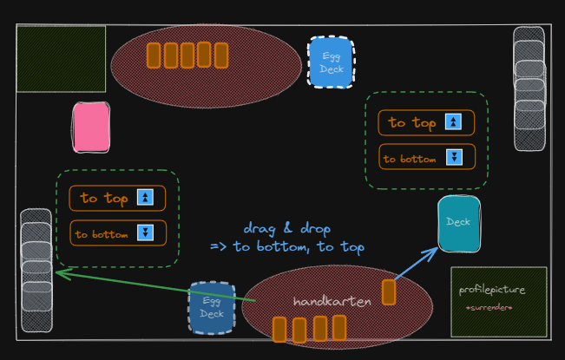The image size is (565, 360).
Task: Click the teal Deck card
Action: click(459, 224)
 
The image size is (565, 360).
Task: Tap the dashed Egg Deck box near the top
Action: click(332, 62)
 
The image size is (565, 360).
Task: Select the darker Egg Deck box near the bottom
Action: click(212, 308)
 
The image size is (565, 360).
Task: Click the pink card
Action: click(91, 128)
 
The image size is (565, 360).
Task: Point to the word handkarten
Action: click(332, 301)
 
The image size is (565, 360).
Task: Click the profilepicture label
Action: click(492, 290)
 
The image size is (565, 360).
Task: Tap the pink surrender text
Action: click(489, 308)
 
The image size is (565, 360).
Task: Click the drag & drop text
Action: click(286, 229)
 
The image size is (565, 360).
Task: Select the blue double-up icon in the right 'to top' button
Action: click(453, 121)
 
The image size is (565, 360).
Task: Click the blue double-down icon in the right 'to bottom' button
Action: click(454, 157)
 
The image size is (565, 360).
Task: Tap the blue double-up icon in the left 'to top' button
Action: click(145, 197)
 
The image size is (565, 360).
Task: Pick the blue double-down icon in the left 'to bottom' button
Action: click(145, 232)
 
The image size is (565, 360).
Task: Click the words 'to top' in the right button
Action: click(412, 123)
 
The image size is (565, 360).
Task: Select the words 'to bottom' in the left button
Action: click(102, 235)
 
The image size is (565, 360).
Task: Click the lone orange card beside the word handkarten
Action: click(389, 292)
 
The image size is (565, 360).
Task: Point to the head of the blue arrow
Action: click(437, 248)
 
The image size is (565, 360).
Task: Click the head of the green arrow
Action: click(56, 272)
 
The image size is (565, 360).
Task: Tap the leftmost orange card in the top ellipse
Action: click(154, 56)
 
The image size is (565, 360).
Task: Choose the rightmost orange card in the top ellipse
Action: click(221, 56)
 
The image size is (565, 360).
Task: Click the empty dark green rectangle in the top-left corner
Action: click(62, 59)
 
